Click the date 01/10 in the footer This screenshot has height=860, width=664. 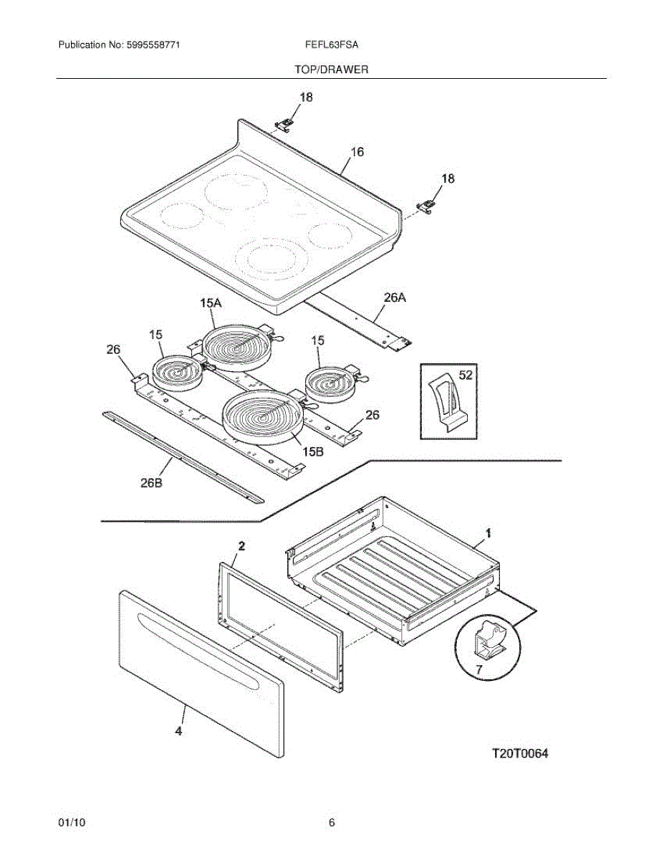tap(72, 823)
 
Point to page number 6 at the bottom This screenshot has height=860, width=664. tap(332, 823)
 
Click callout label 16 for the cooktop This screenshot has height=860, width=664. tap(357, 152)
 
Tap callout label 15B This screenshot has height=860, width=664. tap(313, 452)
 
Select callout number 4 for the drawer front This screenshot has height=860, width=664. tap(178, 732)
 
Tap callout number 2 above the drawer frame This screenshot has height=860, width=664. tap(241, 546)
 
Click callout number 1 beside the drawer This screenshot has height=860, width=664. tap(488, 533)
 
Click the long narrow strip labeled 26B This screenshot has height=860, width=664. tap(183, 456)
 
